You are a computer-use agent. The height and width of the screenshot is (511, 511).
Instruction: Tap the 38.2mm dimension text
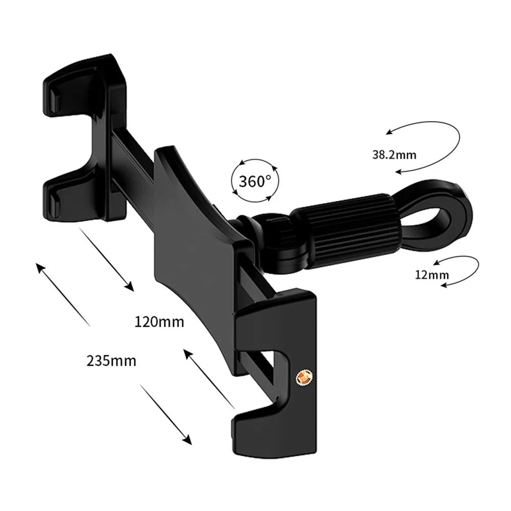394,154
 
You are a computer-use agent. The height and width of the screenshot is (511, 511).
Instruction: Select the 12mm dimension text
432,275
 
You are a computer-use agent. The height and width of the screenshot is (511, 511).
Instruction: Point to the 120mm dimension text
159,322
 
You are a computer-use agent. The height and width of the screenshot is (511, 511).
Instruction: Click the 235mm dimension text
111,361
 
